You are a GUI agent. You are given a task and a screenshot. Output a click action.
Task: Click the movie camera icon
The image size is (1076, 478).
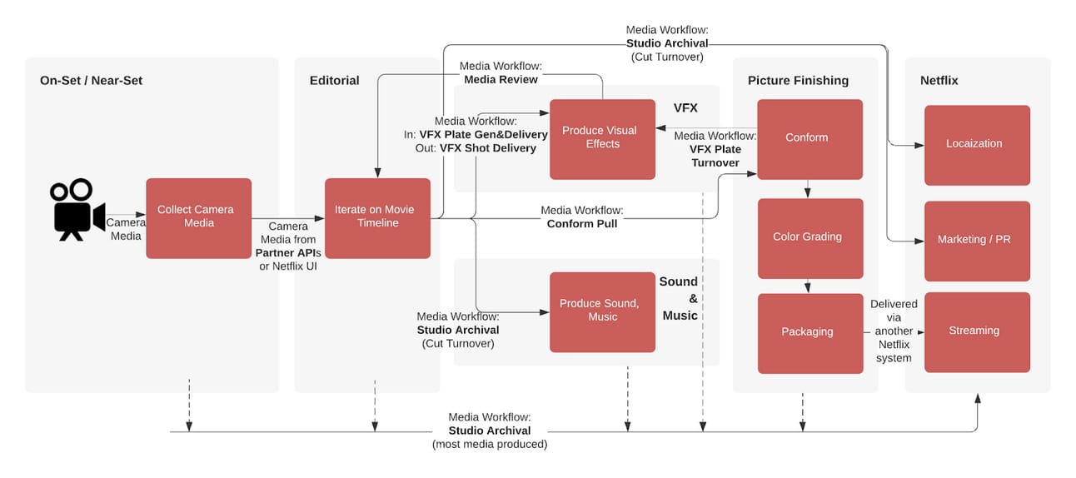77,210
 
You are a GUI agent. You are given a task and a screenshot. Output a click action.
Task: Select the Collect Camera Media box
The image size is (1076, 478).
199,218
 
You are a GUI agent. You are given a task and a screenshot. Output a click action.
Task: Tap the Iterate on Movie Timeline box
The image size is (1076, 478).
377,218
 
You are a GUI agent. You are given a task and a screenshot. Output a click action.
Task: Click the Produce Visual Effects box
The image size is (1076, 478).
602,139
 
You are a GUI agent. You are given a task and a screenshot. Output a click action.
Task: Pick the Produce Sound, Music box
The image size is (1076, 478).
602,312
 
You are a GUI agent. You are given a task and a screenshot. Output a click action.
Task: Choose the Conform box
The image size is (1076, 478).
809,139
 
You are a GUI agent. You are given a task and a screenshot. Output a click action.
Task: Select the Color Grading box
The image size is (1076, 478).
810,238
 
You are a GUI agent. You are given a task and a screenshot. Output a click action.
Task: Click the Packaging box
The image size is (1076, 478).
810,333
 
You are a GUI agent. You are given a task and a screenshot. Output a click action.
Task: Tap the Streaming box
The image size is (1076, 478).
977,332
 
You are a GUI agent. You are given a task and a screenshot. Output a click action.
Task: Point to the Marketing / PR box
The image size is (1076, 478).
977,241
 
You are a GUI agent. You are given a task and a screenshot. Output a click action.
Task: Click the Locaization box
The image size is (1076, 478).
977,145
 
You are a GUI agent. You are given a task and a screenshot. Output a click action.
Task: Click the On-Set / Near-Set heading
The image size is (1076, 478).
91,80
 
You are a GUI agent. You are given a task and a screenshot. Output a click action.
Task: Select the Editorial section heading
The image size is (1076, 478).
334,80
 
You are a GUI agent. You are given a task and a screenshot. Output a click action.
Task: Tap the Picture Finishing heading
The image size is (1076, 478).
798,80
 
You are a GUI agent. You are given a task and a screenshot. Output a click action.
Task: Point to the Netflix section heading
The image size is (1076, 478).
939,80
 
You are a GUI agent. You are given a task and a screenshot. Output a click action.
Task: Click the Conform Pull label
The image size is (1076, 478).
582,224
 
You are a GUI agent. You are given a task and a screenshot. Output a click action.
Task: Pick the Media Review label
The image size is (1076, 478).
501,80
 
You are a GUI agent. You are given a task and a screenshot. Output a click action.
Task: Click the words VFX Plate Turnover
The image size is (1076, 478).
715,156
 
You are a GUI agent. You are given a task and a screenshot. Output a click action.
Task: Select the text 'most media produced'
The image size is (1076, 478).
490,445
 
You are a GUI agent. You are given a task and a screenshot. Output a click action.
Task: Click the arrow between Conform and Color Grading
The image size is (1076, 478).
808,189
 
